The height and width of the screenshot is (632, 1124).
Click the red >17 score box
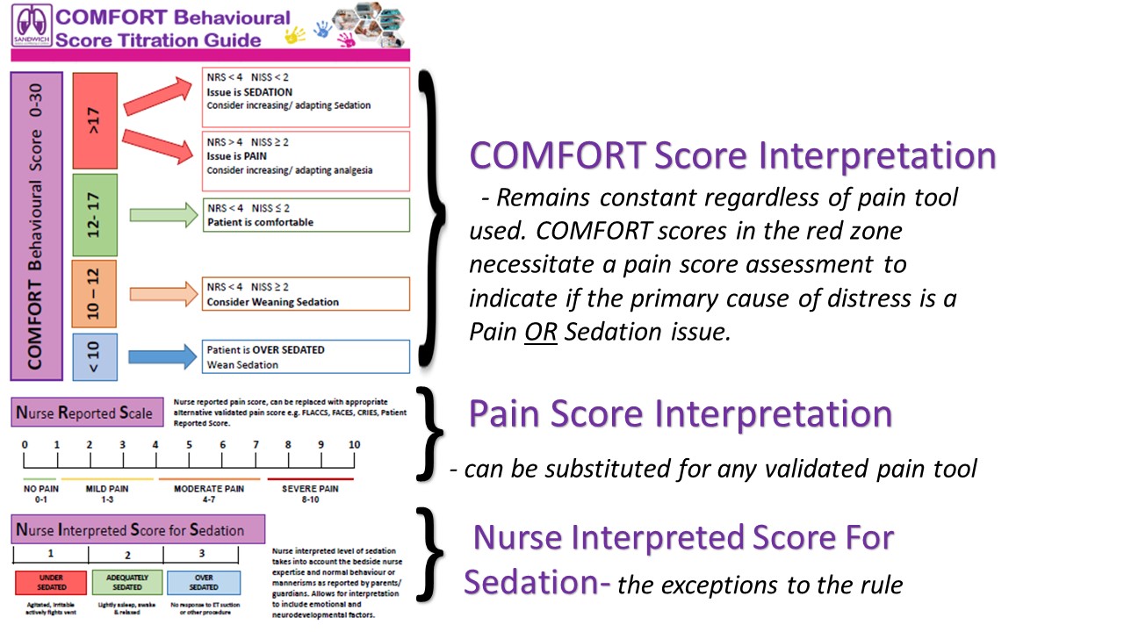[x=96, y=120]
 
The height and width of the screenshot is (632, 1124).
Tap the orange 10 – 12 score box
[x=96, y=293]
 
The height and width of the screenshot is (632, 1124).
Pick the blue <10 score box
[x=96, y=357]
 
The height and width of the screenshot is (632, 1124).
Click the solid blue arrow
[x=162, y=356]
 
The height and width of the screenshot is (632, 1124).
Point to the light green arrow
[x=162, y=214]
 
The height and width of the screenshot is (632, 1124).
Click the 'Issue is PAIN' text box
[x=306, y=160]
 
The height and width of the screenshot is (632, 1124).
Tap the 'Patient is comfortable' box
[x=306, y=215]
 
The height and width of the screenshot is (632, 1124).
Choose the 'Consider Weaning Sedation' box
[x=306, y=294]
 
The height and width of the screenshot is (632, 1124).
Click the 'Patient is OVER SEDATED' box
[x=306, y=356]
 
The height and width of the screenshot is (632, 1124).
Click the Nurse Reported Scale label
[x=87, y=413]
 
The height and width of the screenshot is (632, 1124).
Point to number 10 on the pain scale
[x=354, y=445]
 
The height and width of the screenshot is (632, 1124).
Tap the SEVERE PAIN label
[x=310, y=488]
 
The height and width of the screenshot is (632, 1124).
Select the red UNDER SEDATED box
[x=50, y=582]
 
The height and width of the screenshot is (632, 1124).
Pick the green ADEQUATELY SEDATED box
[x=127, y=582]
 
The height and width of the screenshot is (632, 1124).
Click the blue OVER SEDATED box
[x=204, y=582]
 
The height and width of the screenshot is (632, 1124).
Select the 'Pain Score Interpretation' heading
[x=681, y=413]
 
